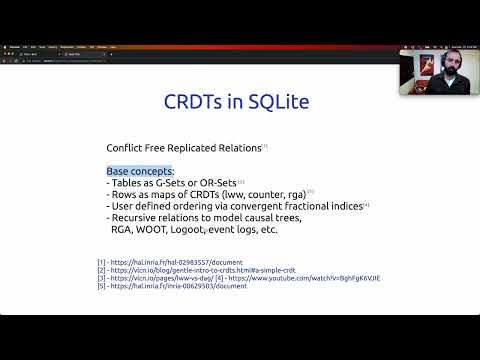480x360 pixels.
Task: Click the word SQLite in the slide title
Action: pyautogui.click(x=277, y=103)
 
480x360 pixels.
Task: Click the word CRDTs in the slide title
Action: pyautogui.click(x=195, y=103)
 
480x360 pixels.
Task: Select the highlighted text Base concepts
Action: pyautogui.click(x=140, y=171)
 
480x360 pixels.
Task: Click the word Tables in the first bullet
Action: pyautogui.click(x=126, y=183)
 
